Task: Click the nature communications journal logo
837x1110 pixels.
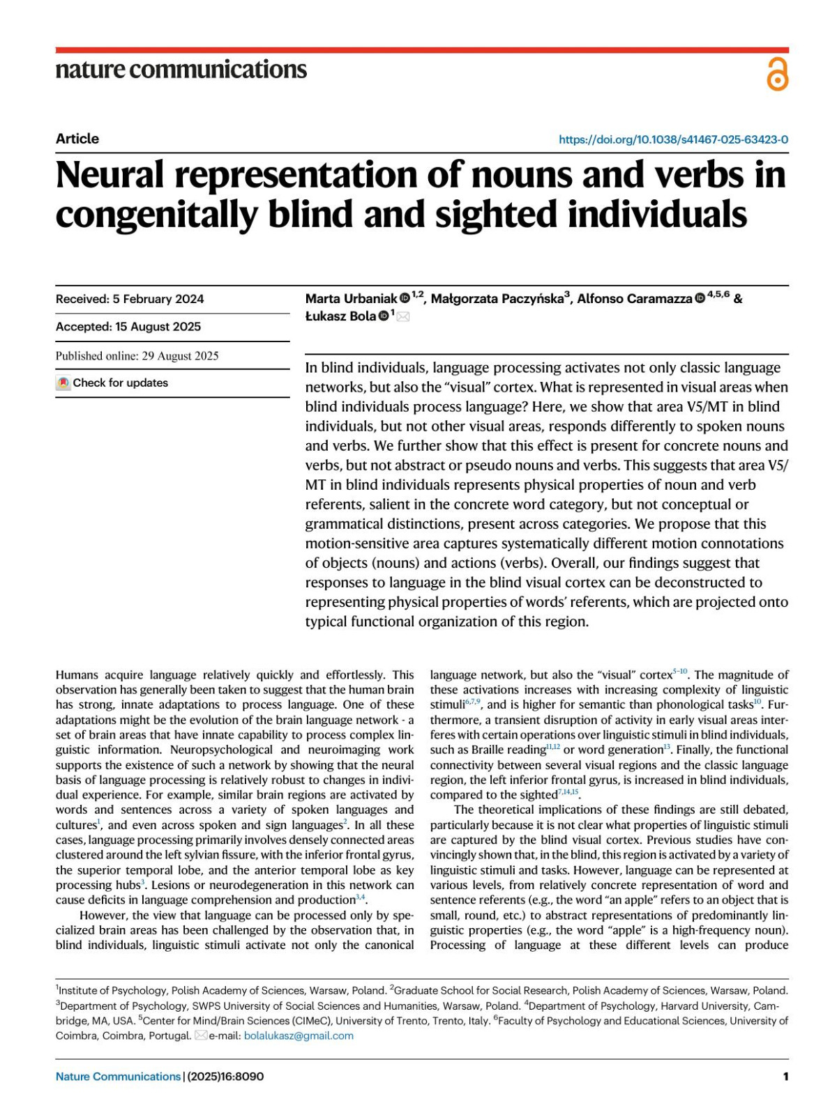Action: (181, 69)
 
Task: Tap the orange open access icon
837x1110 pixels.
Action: (777, 75)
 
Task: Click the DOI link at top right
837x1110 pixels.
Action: (673, 139)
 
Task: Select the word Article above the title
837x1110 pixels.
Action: (77, 139)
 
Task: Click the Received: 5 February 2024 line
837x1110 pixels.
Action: (130, 299)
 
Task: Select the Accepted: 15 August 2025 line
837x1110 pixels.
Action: (128, 327)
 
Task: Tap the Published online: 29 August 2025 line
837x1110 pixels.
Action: (137, 356)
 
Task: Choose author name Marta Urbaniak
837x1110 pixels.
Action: (351, 299)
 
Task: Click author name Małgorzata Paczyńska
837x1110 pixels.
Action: (497, 299)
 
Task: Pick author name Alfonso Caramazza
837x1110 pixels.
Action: (634, 299)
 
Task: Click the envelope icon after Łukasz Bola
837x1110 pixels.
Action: (403, 317)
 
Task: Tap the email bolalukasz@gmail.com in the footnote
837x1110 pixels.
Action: (299, 1035)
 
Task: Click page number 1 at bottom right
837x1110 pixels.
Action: (785, 1077)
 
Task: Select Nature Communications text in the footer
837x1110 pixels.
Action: (118, 1077)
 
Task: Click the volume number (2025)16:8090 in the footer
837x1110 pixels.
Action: (225, 1077)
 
